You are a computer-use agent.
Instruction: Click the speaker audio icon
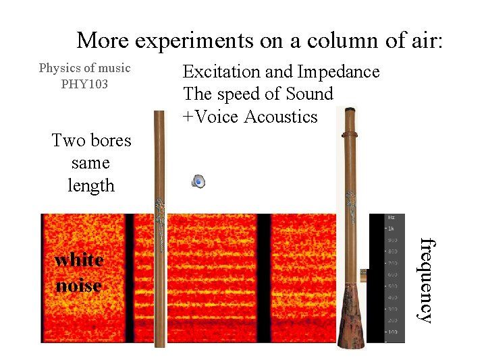point(198,181)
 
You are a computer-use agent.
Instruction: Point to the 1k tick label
point(391,229)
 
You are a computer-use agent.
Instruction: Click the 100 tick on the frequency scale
point(391,332)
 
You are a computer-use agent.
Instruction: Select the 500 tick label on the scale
point(391,286)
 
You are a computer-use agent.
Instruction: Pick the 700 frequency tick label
point(391,263)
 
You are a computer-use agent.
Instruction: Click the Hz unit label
point(391,218)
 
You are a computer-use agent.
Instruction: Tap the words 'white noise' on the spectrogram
point(79,272)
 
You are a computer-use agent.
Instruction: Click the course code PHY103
point(84,84)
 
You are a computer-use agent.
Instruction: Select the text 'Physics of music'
point(84,68)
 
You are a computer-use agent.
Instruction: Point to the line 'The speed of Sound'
point(258,94)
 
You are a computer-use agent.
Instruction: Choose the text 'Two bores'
point(91,140)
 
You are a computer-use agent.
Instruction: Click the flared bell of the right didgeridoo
point(353,317)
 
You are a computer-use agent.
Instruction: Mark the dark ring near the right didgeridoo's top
point(349,135)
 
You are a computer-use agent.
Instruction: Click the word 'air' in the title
point(424,40)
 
